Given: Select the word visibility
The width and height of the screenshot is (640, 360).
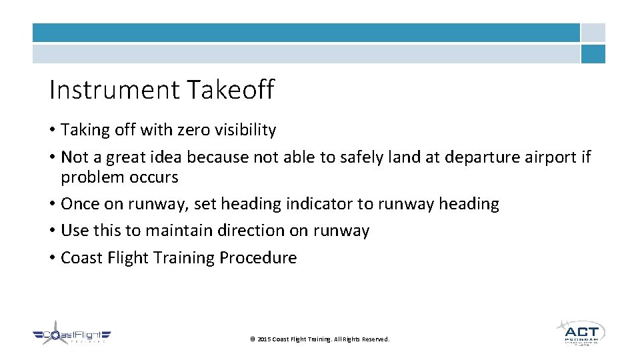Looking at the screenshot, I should click(245, 130).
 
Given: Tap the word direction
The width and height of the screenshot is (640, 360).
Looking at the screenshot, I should click(248, 231).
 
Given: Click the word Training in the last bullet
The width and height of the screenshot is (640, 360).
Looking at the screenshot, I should click(187, 258).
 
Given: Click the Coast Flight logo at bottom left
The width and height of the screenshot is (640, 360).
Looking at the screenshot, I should click(72, 335).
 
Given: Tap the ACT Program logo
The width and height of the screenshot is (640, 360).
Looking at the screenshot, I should click(581, 333).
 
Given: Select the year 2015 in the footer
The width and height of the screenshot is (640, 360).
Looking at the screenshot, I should click(263, 340).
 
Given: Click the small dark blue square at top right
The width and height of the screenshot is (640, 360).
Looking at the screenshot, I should click(593, 54).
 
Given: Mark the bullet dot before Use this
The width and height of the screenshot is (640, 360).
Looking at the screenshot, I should click(52, 231).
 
